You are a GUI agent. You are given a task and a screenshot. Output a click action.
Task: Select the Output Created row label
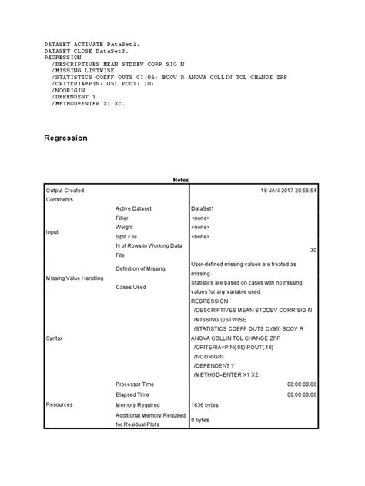click(x=65, y=189)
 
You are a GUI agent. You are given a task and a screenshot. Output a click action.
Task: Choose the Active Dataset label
click(x=136, y=208)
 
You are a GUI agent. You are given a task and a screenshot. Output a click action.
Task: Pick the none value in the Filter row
click(x=203, y=218)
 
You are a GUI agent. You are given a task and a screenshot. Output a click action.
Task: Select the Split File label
click(x=129, y=237)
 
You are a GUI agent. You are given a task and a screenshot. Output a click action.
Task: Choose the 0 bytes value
click(x=200, y=420)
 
